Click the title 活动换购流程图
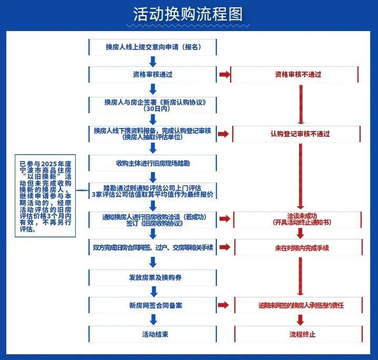click(189, 15)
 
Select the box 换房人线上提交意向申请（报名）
click(153, 47)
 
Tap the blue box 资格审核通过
click(153, 74)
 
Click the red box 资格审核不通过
click(297, 75)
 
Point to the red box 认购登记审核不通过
click(297, 134)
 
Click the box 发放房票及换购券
click(153, 277)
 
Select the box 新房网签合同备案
click(153, 305)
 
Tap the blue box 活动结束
click(153, 334)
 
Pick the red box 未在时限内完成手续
click(297, 247)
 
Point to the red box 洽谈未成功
click(297, 218)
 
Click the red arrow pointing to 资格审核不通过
click(224, 75)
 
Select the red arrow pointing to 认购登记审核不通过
click(224, 134)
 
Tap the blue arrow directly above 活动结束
click(153, 319)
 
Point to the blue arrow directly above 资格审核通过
click(153, 61)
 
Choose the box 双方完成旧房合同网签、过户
click(153, 247)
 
